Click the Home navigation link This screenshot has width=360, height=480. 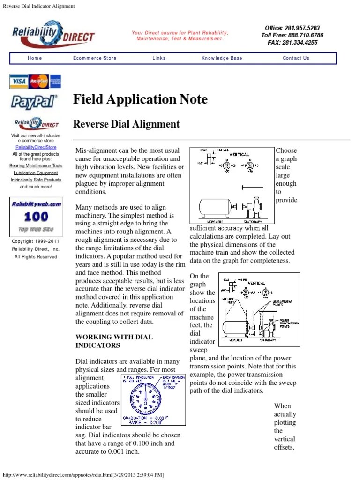35,58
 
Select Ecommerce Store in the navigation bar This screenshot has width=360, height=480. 95,58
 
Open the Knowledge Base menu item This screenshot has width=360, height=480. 222,58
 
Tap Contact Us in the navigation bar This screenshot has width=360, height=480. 296,58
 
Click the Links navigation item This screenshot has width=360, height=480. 159,58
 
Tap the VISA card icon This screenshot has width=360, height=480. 19,81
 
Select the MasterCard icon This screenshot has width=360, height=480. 39,81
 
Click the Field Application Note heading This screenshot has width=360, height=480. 140,99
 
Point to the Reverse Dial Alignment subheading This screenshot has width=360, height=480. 127,124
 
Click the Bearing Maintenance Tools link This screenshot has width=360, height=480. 36,166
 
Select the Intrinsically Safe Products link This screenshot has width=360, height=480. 36,180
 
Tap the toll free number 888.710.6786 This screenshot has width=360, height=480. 292,35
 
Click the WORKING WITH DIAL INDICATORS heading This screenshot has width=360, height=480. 114,341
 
